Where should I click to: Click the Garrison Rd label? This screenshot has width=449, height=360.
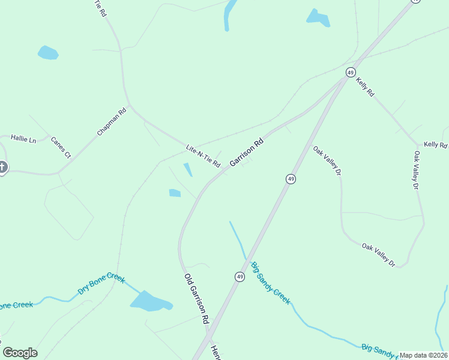[247, 152]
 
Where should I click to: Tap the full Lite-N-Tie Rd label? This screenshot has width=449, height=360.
[203, 156]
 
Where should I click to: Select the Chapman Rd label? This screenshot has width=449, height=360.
[112, 121]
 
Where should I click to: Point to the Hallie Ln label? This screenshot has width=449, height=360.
[24, 139]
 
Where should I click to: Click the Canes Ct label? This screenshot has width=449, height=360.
[61, 148]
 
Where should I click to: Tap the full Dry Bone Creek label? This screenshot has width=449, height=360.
[101, 285]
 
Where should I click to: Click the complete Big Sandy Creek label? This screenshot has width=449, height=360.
[271, 283]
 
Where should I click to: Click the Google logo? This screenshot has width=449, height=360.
[20, 353]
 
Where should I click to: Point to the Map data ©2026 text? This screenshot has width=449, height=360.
[423, 355]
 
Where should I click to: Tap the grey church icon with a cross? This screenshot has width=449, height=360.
[2, 167]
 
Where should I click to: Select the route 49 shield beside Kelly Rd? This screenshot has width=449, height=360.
[351, 72]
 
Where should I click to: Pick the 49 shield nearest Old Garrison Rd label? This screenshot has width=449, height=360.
[240, 277]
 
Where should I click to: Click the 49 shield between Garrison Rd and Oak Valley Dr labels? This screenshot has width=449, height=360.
[291, 179]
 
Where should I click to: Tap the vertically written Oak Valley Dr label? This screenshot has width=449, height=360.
[415, 170]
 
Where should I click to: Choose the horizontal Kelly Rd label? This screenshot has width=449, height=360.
[436, 145]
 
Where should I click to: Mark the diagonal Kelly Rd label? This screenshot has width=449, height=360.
[365, 87]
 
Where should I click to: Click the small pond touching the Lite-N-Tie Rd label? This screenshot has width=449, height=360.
[188, 170]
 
